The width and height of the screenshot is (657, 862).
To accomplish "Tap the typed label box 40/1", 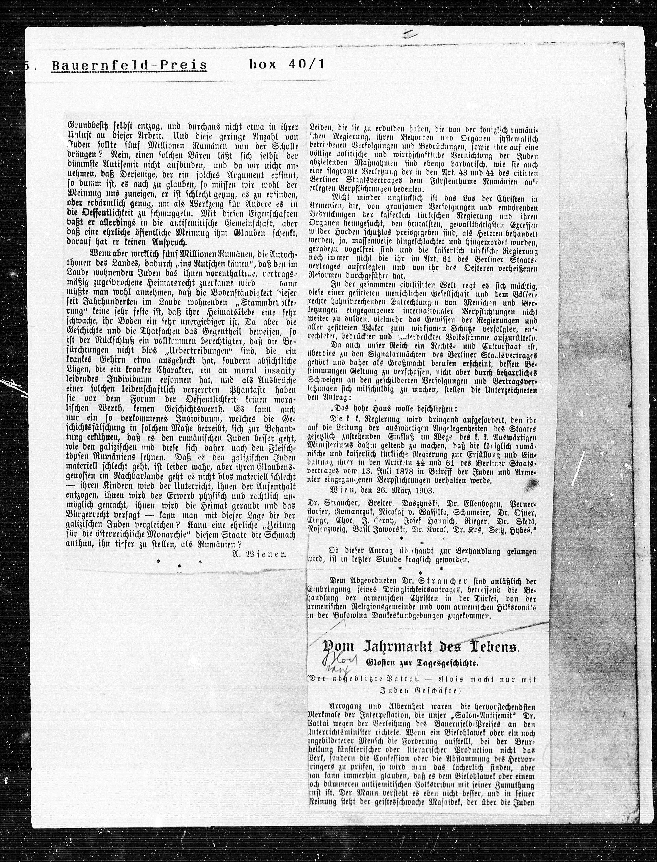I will coord(287,64).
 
